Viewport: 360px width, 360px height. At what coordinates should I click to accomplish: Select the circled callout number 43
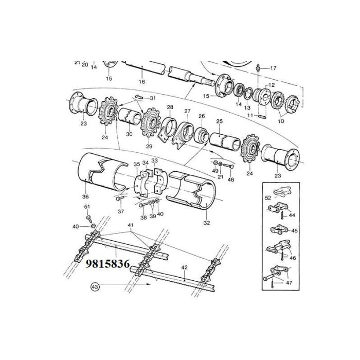95,286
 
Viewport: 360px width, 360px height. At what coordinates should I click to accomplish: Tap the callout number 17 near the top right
273,68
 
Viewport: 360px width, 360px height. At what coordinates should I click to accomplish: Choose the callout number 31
152,98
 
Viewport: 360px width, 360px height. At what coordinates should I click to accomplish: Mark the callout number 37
121,211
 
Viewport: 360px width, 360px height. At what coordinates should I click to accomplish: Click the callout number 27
187,111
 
